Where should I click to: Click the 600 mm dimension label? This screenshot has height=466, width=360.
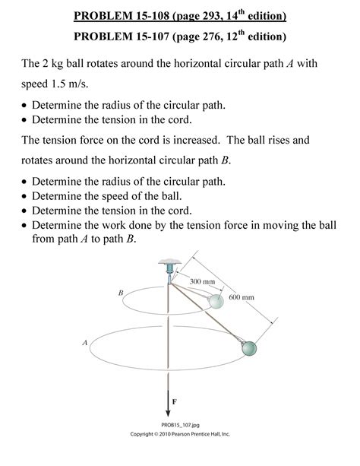click(241, 296)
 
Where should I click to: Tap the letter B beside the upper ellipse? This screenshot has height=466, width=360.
click(120, 292)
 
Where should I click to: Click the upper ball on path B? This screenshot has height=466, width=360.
click(216, 302)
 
